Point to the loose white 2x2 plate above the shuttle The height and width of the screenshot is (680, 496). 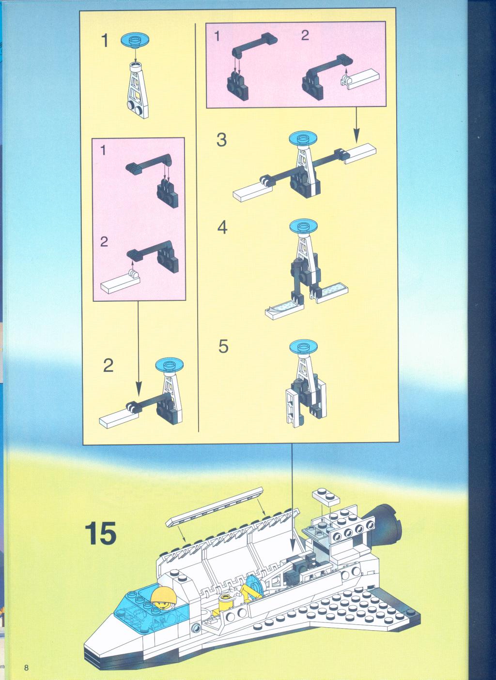pyautogui.click(x=325, y=496)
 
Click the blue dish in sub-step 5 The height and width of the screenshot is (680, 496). pyautogui.click(x=303, y=347)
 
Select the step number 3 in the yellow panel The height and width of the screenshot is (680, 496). pyautogui.click(x=221, y=140)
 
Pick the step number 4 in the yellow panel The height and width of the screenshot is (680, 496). pyautogui.click(x=222, y=227)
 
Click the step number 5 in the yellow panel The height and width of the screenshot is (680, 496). pyautogui.click(x=223, y=346)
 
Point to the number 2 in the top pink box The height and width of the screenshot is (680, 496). pyautogui.click(x=305, y=35)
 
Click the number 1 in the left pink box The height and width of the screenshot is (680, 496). pyautogui.click(x=103, y=150)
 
